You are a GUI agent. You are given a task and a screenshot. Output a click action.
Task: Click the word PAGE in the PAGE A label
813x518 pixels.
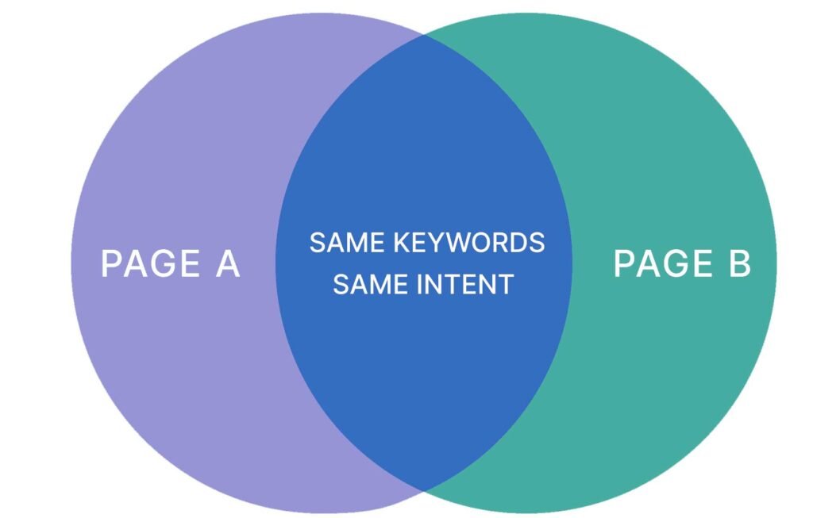[x=150, y=263]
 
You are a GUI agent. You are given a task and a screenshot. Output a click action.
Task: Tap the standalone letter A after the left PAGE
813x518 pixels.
[x=228, y=263]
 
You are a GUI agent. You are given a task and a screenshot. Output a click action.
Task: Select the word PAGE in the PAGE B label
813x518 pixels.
[x=663, y=263]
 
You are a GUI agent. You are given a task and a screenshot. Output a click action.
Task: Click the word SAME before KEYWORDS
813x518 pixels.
[x=347, y=243]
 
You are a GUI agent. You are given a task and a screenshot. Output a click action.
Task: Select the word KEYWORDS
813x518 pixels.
[x=469, y=243]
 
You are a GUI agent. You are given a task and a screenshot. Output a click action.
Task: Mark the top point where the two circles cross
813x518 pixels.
[x=425, y=35]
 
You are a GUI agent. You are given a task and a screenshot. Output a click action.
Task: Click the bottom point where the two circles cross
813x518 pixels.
[x=425, y=490]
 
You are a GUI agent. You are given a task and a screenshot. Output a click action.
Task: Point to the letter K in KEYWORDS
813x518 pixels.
[x=402, y=243]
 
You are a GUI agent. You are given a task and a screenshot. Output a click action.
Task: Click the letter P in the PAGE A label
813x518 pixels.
[x=110, y=263]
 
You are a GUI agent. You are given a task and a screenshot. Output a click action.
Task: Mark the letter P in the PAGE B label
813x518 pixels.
[x=624, y=263]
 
